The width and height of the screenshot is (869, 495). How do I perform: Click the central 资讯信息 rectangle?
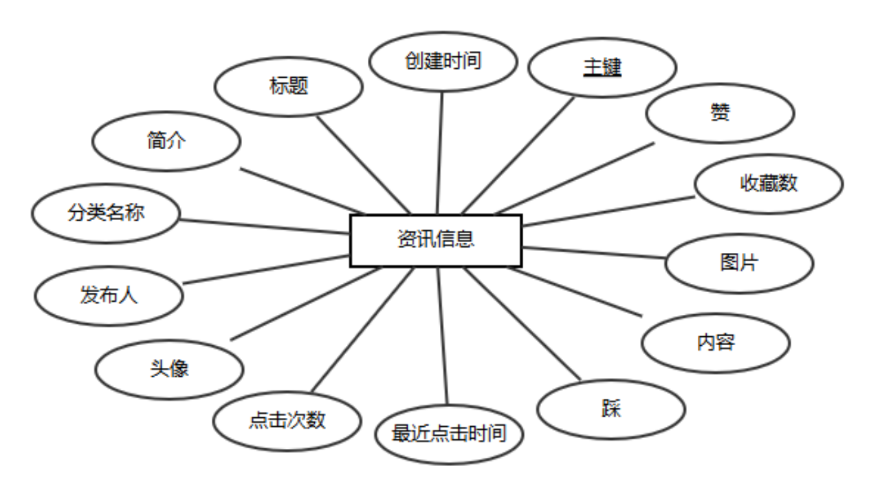[x=436, y=240]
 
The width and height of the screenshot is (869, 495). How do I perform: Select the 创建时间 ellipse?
[x=443, y=61]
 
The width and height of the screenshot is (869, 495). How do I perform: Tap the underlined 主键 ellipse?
[x=602, y=67]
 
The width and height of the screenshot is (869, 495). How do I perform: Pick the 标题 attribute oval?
[x=289, y=87]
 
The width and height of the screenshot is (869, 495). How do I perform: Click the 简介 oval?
[x=166, y=142]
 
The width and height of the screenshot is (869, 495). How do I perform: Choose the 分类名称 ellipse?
[x=106, y=212]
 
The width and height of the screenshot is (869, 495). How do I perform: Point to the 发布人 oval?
[x=109, y=296]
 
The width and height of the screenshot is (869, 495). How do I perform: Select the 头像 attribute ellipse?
[x=169, y=369]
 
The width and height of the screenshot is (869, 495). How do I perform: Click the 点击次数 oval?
[x=287, y=420]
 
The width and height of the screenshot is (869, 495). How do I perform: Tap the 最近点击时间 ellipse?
[x=449, y=434]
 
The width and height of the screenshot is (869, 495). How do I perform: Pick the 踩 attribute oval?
[x=610, y=409]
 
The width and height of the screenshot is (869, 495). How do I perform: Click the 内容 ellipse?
[x=716, y=342]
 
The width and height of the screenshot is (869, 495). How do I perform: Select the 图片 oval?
[x=739, y=263]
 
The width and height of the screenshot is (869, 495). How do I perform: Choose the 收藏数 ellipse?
[x=769, y=184]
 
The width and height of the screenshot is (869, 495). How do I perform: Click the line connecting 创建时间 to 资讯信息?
[x=439, y=153]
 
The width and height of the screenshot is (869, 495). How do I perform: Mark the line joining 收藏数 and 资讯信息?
[x=608, y=211]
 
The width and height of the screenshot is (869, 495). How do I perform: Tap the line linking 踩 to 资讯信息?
[x=522, y=323]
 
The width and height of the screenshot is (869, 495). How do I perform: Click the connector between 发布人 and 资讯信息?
[x=267, y=269]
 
